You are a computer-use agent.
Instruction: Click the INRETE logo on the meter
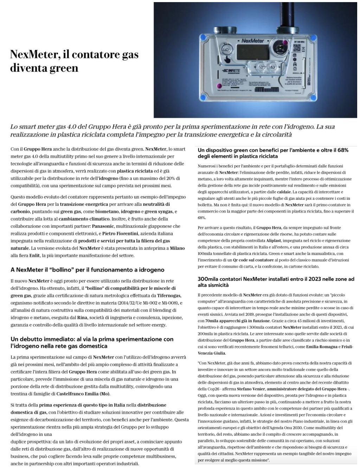(x=230, y=71)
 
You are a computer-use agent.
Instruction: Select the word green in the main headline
(x=65, y=68)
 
